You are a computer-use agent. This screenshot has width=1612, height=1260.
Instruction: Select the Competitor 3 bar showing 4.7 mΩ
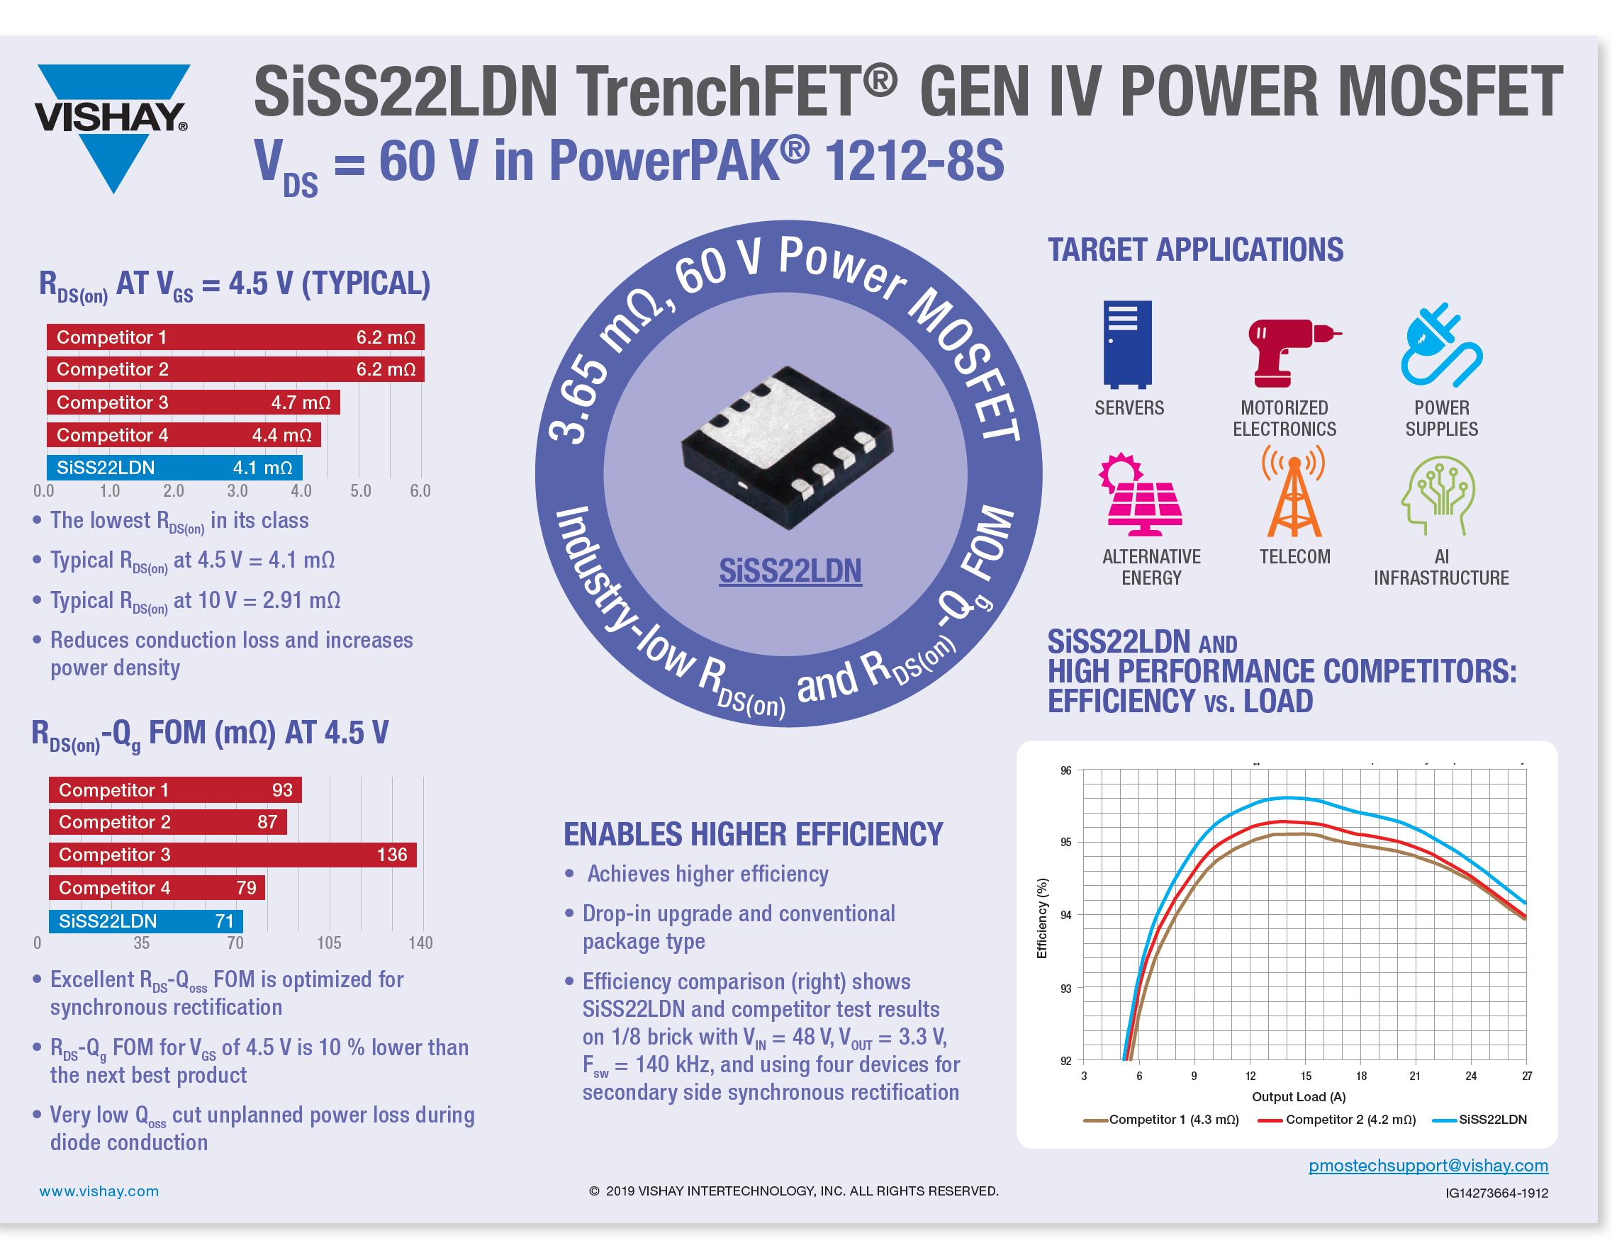click(193, 402)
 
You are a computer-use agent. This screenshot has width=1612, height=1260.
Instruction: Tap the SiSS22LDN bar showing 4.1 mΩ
click(174, 468)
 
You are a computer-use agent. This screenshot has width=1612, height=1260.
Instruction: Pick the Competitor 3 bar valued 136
click(233, 854)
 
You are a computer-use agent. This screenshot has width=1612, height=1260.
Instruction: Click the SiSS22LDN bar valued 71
click(145, 921)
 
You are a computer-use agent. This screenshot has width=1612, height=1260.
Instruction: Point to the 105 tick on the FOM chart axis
click(329, 943)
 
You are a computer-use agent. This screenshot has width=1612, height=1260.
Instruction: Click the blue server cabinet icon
click(1127, 344)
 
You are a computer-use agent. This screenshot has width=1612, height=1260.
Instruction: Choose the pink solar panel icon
click(1141, 494)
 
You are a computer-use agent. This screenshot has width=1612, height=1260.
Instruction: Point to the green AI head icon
click(1438, 494)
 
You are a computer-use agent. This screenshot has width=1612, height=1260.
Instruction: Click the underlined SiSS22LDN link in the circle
click(790, 571)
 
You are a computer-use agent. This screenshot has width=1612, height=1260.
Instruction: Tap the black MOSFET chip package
click(786, 446)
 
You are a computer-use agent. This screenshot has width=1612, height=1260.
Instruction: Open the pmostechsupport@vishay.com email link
click(1428, 1165)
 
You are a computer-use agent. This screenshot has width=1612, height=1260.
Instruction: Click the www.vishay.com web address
click(99, 1191)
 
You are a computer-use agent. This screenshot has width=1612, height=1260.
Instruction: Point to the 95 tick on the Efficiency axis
click(1066, 843)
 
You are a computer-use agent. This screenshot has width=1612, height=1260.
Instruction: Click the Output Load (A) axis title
click(1298, 1096)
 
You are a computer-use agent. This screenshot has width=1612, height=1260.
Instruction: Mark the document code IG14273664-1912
click(1496, 1193)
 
